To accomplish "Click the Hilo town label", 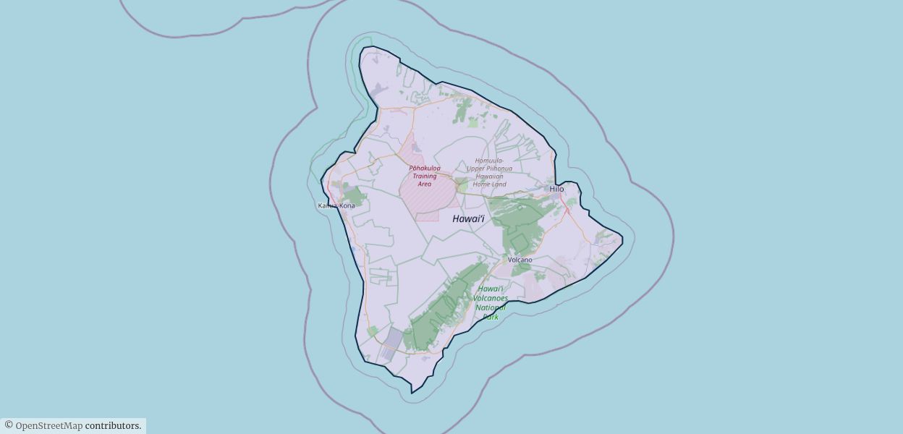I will point(556,190).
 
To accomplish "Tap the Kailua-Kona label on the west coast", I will point(336,206).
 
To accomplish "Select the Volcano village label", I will point(520,260).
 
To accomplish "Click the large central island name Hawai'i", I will point(468,218).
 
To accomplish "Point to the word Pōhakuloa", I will point(425,168).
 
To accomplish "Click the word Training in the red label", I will point(425,176).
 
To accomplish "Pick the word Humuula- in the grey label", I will point(490,161).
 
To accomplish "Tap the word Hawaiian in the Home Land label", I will point(489,176).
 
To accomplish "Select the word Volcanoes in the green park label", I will point(491,298).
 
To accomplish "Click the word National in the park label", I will point(491,307).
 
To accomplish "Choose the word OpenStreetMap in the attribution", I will point(48,426).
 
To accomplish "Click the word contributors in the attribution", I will point(112,426).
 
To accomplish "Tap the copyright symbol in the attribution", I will point(9,425).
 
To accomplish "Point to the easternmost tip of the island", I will point(622,236).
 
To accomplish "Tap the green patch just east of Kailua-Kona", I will point(354,195).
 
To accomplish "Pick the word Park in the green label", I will point(491,317).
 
